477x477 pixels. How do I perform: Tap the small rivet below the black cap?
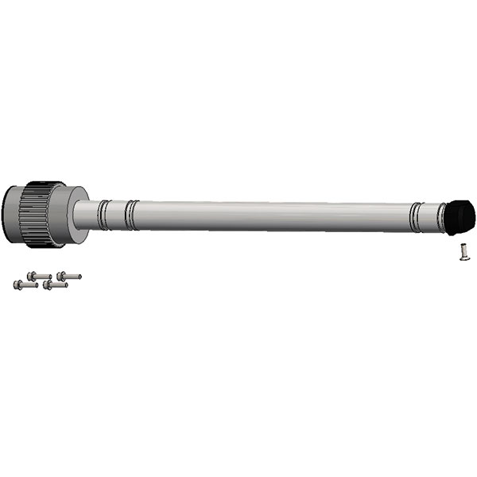click(x=462, y=253)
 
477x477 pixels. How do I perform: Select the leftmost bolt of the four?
click(x=21, y=284)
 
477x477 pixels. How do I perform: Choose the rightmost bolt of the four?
click(x=68, y=276)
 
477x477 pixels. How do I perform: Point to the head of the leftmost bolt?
click(x=17, y=284)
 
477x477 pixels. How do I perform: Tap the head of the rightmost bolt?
click(x=60, y=276)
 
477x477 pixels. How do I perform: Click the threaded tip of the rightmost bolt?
click(x=78, y=277)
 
